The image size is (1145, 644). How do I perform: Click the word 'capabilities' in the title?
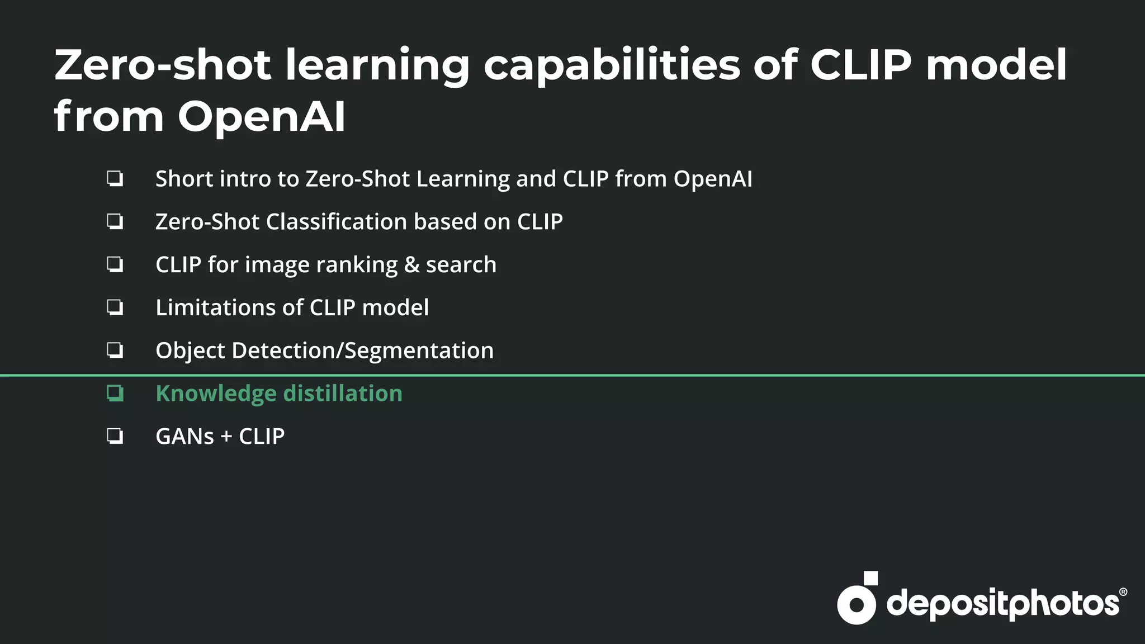click(x=612, y=66)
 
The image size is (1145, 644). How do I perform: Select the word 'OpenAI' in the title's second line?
click(x=262, y=117)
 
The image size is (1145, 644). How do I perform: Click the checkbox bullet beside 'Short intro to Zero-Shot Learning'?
click(x=115, y=179)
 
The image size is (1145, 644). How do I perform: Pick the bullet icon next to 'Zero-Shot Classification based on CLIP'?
click(x=115, y=222)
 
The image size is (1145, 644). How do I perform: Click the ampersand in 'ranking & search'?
click(x=411, y=265)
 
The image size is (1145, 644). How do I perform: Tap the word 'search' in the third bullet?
click(x=461, y=265)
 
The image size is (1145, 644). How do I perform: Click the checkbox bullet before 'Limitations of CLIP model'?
click(x=115, y=307)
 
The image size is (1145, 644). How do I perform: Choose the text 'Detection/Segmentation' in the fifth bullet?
click(x=362, y=351)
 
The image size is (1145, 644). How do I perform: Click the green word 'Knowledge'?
click(x=216, y=394)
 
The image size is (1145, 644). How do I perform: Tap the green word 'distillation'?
click(x=343, y=394)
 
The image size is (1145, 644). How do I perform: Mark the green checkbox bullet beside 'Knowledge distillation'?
click(x=115, y=394)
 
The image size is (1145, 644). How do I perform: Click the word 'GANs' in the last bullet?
click(x=184, y=437)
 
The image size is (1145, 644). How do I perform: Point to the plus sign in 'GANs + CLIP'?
click(x=226, y=437)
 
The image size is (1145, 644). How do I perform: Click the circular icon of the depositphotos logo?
click(x=857, y=604)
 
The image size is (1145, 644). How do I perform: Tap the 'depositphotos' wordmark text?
click(x=1003, y=604)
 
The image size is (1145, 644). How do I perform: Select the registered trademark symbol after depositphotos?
click(x=1123, y=592)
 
